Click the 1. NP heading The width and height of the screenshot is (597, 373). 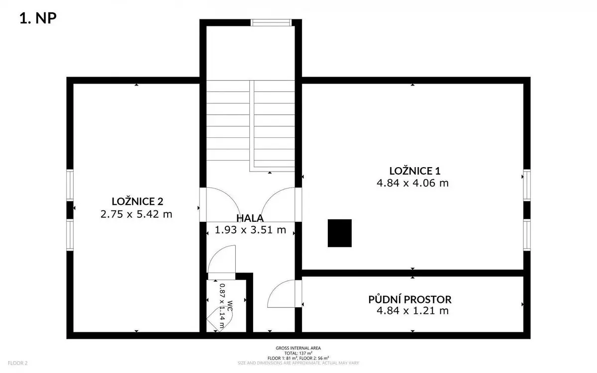(x=38, y=18)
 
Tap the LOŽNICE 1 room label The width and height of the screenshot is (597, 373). (x=415, y=171)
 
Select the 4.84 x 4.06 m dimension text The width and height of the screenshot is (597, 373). (x=412, y=183)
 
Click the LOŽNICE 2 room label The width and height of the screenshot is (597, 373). (x=137, y=201)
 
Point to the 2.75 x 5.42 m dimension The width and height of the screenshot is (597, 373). (x=136, y=214)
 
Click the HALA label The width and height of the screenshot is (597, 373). (x=250, y=218)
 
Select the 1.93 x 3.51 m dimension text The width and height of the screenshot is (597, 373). (x=250, y=230)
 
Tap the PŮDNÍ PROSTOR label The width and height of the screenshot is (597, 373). (x=410, y=299)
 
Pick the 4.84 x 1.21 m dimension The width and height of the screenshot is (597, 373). (x=412, y=311)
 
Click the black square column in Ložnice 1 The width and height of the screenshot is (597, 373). (x=339, y=233)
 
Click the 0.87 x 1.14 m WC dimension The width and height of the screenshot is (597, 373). (x=222, y=306)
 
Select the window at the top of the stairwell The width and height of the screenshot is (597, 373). (x=271, y=23)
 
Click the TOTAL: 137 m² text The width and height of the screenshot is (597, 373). (x=298, y=353)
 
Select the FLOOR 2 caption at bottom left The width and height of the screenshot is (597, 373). (x=17, y=363)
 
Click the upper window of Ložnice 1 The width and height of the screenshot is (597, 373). (x=527, y=185)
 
